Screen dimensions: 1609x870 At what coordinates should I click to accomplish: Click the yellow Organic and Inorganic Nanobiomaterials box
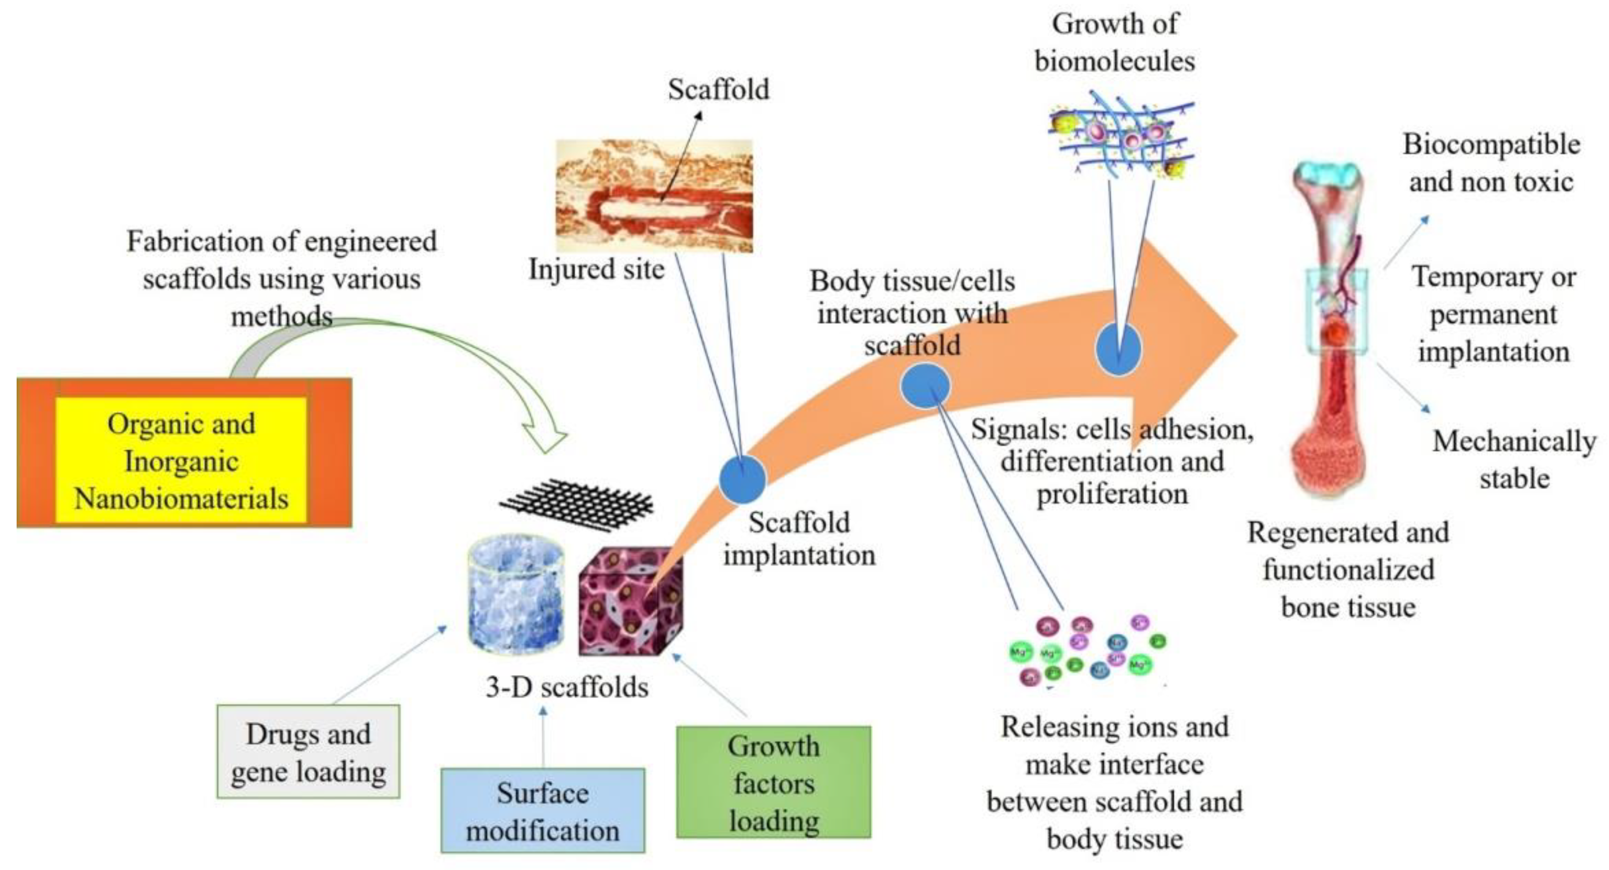coord(181,460)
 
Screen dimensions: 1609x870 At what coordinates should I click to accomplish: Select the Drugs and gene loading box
coord(308,752)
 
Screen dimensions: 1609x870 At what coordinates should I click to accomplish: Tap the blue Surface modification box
coord(542,811)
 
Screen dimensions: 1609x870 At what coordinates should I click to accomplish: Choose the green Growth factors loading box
coord(773,782)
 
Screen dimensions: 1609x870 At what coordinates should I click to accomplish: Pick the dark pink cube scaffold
coord(630,603)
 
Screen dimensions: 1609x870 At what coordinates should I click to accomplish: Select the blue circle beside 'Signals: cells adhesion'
coord(925,386)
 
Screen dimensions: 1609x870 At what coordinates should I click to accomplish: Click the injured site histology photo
coord(654,195)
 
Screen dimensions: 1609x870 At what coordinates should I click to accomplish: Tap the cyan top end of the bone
coord(1327,177)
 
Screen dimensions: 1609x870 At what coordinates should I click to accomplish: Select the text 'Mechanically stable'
coord(1513,460)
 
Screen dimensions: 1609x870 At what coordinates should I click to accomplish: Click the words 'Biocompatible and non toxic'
coord(1491,163)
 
